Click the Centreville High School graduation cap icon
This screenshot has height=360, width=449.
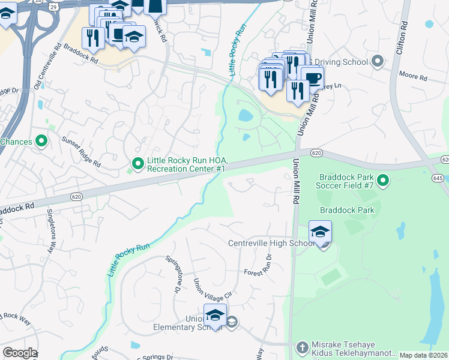click(320, 233)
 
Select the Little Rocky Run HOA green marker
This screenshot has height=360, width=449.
click(137, 163)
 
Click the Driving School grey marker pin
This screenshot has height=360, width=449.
click(378, 61)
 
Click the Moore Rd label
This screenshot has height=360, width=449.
click(414, 78)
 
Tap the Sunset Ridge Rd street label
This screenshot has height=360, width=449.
click(80, 152)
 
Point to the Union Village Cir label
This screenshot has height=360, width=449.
click(204, 290)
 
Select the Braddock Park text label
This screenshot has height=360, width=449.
click(347, 210)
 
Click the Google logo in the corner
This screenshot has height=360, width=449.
click(19, 353)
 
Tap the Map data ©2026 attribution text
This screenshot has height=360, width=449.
click(423, 355)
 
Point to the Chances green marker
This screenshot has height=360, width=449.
click(41, 142)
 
